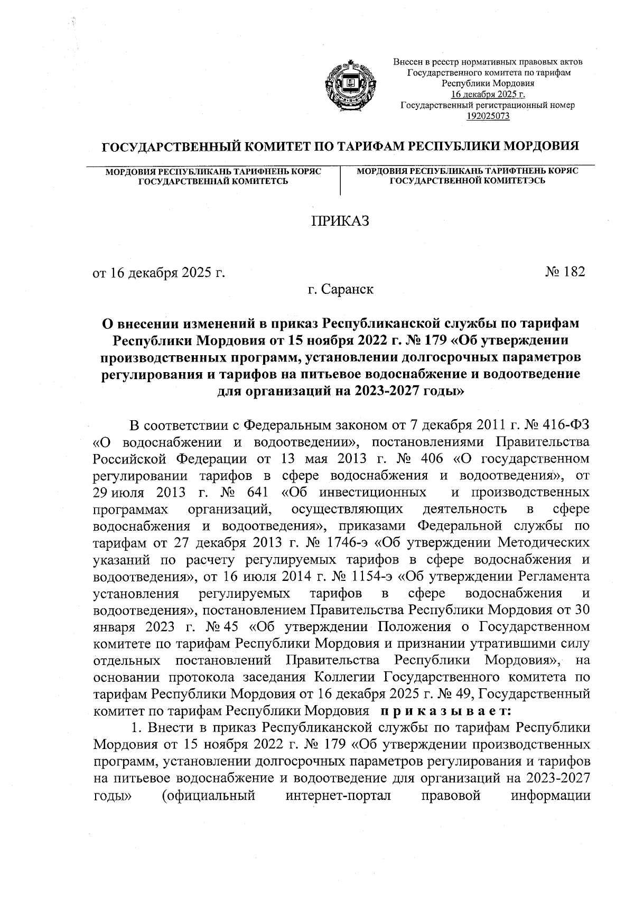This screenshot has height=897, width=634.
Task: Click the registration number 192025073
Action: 488,116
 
